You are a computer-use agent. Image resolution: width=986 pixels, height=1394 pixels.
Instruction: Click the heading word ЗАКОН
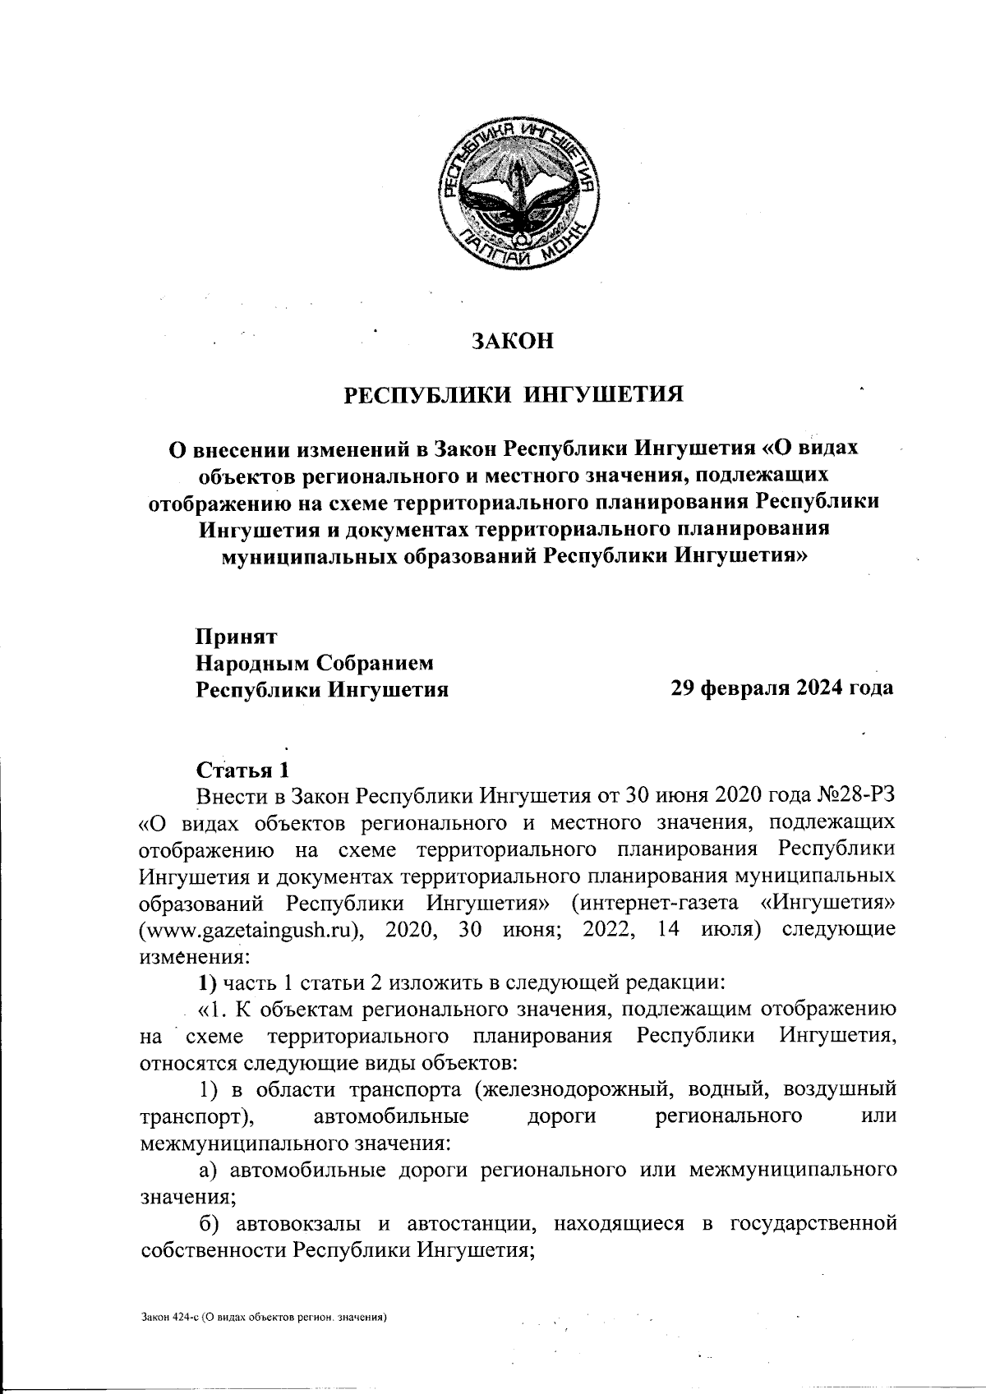pyautogui.click(x=514, y=341)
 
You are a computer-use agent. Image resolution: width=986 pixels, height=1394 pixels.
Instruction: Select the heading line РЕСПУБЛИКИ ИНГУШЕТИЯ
pyautogui.click(x=514, y=394)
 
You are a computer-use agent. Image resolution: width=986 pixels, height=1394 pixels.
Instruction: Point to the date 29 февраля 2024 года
pyautogui.click(x=782, y=688)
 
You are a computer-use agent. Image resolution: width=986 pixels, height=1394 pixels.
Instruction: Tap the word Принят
pyautogui.click(x=237, y=637)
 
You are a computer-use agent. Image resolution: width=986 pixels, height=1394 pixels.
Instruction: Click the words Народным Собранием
pyautogui.click(x=314, y=663)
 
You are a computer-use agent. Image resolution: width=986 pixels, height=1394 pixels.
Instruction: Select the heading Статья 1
pyautogui.click(x=243, y=770)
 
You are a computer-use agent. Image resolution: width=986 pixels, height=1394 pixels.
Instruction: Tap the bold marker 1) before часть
pyautogui.click(x=205, y=983)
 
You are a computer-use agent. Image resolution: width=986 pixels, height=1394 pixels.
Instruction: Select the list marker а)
pyautogui.click(x=207, y=1170)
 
